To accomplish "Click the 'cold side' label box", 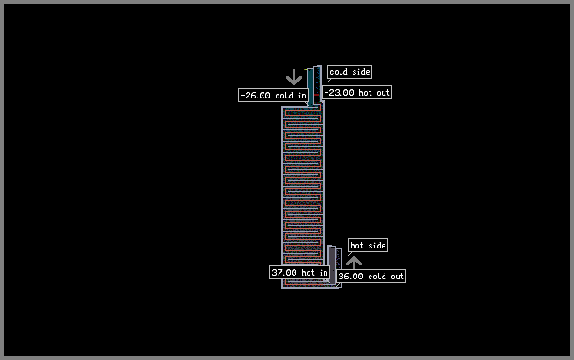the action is (350, 71).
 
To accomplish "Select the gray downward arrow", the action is (294, 78).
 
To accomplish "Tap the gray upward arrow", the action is (354, 262).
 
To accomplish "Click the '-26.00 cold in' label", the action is (273, 95).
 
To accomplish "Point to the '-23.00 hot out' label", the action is (357, 93).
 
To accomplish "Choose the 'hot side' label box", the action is (368, 245).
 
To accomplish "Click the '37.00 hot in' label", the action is (299, 272).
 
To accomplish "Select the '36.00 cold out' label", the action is (370, 276).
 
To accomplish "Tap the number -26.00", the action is (255, 95).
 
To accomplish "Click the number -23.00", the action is (339, 93).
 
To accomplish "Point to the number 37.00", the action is (284, 272).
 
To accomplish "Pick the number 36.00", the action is (351, 276).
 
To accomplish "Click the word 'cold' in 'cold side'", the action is (339, 71).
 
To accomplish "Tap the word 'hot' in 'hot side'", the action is (357, 245).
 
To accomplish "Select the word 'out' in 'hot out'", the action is (384, 93).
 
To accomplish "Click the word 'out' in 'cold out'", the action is (397, 277).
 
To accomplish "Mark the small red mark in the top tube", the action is (316, 95).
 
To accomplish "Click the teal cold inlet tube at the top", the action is (310, 87).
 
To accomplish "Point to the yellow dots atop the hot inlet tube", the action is (332, 248).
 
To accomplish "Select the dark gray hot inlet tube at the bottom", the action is (332, 264).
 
